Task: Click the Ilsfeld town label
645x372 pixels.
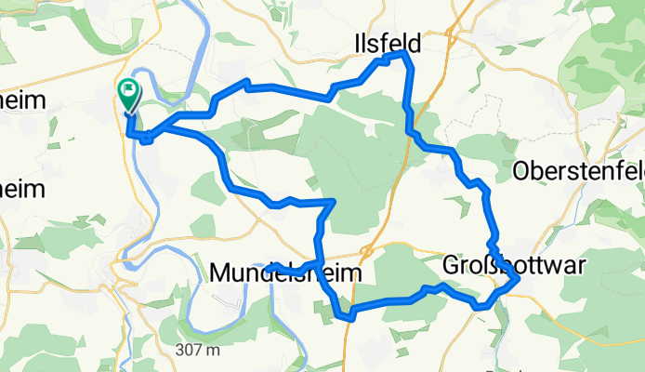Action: tap(387, 43)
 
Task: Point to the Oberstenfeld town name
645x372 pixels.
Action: tap(578, 171)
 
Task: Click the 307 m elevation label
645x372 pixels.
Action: tap(201, 351)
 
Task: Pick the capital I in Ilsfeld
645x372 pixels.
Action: tap(357, 43)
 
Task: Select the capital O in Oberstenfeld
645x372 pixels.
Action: tap(522, 171)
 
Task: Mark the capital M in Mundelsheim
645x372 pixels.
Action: tap(220, 272)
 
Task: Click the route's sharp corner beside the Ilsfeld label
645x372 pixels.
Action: tap(406, 56)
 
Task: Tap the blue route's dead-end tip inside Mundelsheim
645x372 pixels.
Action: tap(268, 268)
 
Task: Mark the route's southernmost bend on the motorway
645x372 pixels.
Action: tap(350, 317)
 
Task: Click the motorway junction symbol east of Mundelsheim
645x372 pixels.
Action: tap(368, 250)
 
